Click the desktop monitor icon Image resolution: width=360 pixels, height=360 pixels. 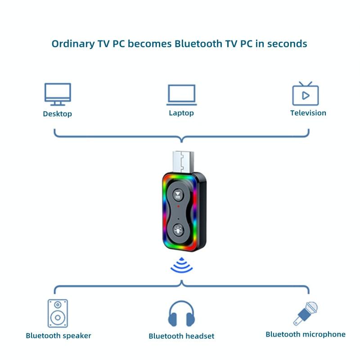point(58,94)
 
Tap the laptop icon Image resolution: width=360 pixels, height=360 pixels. point(182,94)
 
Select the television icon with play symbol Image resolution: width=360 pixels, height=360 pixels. point(306,94)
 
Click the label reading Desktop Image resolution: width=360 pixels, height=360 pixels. point(57,114)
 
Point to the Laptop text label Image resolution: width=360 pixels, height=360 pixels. point(181,113)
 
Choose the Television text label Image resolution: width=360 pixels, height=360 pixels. point(308,113)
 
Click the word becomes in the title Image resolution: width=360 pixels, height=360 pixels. point(151,44)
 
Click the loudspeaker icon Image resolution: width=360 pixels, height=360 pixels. point(58,313)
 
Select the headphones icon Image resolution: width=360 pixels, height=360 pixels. point(181,314)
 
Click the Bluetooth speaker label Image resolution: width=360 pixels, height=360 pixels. point(58,336)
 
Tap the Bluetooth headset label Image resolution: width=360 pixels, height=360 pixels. point(181,336)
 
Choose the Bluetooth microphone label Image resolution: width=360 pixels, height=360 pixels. point(306,334)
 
